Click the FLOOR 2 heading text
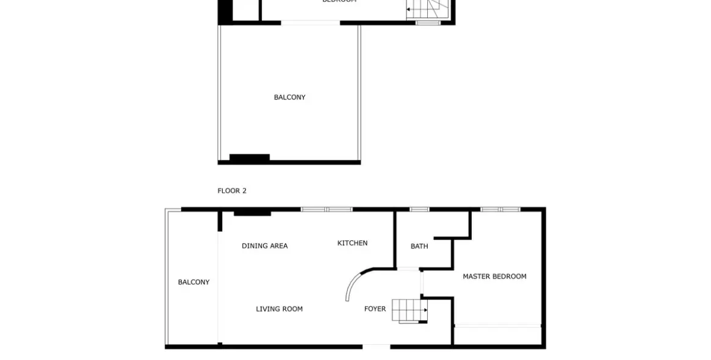point(232,191)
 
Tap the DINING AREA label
point(264,246)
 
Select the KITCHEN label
point(352,243)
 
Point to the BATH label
point(419,247)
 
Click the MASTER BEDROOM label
point(494,276)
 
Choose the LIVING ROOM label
point(279,309)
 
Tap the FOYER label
point(375,309)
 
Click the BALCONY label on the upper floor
point(289,98)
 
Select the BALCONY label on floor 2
point(193,282)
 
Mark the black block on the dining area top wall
point(252,212)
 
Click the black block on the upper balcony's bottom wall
point(249,158)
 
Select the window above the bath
point(419,209)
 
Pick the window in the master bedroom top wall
point(500,209)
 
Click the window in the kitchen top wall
point(327,209)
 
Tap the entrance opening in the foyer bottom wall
point(376,347)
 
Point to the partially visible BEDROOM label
point(339,2)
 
